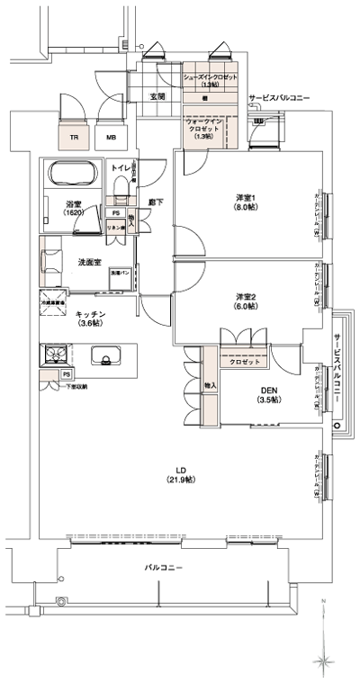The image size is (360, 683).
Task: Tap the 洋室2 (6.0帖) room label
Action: (x=246, y=302)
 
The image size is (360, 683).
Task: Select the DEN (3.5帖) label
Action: (x=268, y=393)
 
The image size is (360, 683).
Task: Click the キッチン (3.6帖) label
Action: (x=91, y=317)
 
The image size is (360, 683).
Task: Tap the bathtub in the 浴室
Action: (x=73, y=175)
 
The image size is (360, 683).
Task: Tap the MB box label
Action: (x=111, y=138)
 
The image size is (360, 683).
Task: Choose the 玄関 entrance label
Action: (x=157, y=95)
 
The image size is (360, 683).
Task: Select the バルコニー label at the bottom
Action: (x=165, y=569)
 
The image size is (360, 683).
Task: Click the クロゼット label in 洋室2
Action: (x=243, y=361)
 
